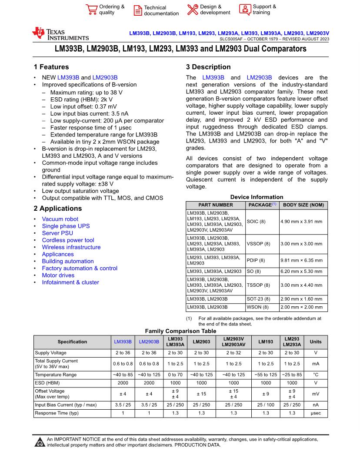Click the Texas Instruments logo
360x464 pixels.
coord(60,34)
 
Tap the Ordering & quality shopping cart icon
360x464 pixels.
coord(91,10)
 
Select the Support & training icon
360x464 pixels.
coord(245,10)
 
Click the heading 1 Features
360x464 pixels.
coord(51,67)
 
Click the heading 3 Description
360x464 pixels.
coord(208,67)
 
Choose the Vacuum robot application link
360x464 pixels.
coord(60,219)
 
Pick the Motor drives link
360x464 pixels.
coord(58,275)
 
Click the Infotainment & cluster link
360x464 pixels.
coord(70,282)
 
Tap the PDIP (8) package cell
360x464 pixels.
coord(256,260)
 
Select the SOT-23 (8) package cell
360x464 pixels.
coord(258,299)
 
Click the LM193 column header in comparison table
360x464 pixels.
coord(266,342)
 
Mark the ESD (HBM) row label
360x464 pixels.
coord(47,383)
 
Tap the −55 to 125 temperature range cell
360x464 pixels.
coord(266,375)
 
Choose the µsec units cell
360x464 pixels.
coord(316,413)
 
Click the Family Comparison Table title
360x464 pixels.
coord(180,331)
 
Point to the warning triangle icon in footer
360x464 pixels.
coord(40,442)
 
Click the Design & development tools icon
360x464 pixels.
coord(193,10)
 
